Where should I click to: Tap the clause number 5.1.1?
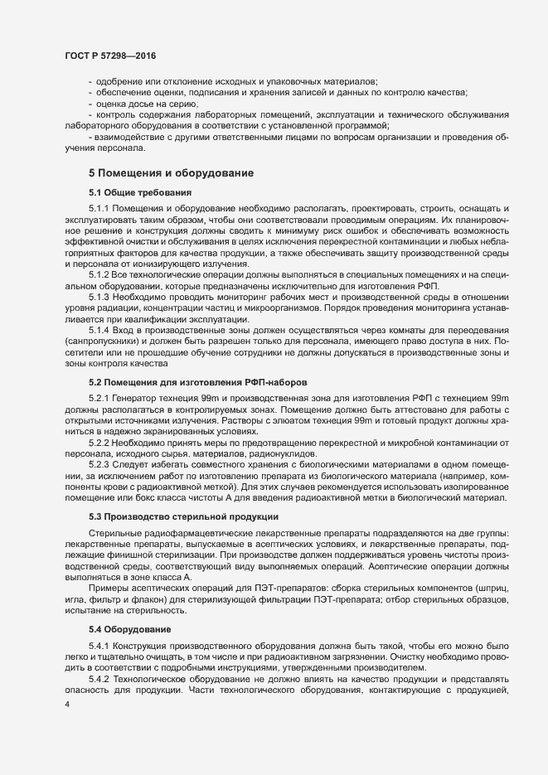point(99,206)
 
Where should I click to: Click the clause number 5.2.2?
point(99,442)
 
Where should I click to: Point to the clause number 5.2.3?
point(99,463)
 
